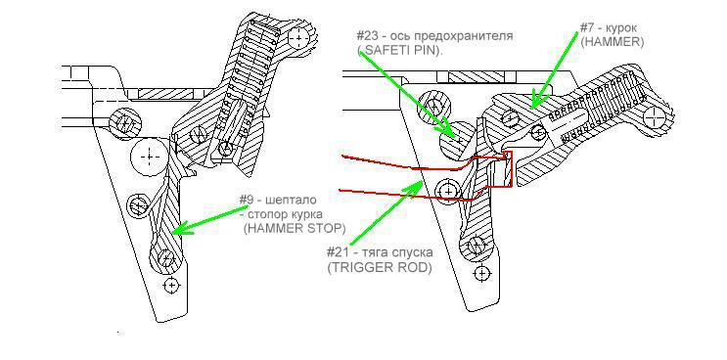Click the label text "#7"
click(588, 26)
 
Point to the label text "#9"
click(248, 201)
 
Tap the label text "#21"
click(338, 253)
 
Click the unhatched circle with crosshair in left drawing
click(150, 157)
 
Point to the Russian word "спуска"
click(415, 253)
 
